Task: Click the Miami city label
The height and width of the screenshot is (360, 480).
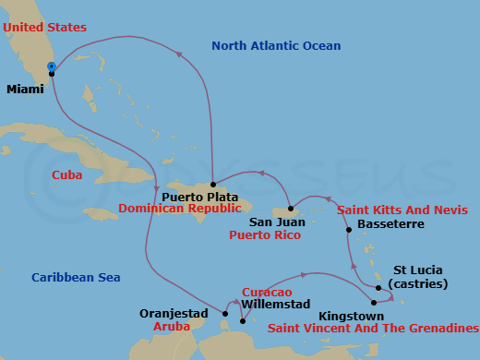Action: tap(24, 90)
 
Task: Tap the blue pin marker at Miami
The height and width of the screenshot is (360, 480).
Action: tap(52, 67)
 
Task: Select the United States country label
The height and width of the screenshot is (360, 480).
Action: tap(44, 28)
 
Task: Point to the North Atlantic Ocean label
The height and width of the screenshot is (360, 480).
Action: tap(276, 46)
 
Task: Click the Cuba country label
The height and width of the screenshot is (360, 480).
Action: tap(66, 174)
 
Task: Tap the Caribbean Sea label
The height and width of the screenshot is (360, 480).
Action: tap(76, 277)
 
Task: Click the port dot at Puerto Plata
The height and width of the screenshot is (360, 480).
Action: tap(213, 184)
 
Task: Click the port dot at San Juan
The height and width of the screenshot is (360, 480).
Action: tap(290, 209)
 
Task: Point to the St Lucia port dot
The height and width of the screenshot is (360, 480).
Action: tap(378, 287)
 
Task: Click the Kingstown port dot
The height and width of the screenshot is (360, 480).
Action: tap(374, 303)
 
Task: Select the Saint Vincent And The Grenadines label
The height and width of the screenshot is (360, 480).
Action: tap(373, 328)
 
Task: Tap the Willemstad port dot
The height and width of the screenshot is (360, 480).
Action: tap(242, 321)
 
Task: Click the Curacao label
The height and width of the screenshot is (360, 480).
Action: tap(267, 292)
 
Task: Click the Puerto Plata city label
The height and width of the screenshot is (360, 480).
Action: tap(200, 198)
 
